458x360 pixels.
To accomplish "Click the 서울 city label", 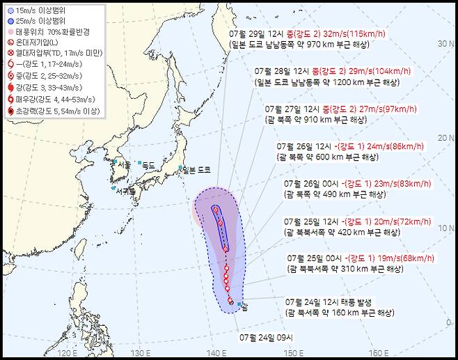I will click(125, 164).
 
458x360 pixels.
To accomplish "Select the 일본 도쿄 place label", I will click(196, 170).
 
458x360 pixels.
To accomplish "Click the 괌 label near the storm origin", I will click(244, 305).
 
